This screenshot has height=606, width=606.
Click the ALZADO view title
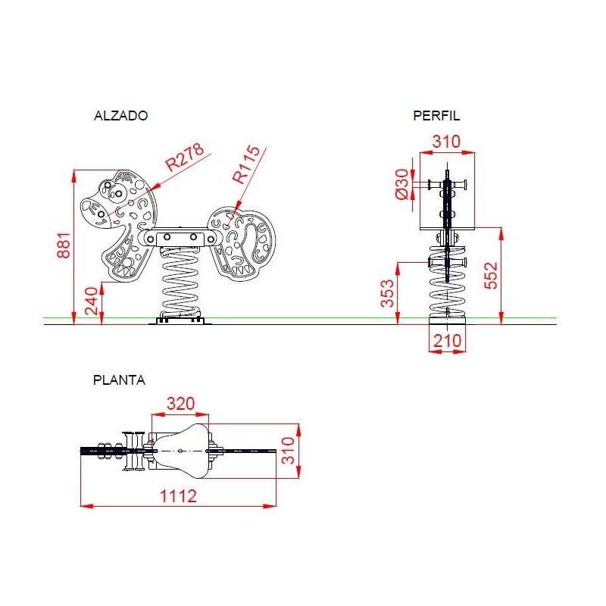pos(120,116)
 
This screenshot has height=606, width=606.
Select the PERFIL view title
pos(436,116)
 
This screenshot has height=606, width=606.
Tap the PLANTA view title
pos(119,380)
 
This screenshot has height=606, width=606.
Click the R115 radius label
pos(247,164)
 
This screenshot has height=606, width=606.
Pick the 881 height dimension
pos(64,245)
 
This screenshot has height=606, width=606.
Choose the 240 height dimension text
pos(92,301)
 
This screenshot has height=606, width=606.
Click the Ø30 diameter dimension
pos(402,183)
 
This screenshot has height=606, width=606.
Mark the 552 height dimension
pos(491,275)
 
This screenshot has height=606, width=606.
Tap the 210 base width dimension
pos(447,341)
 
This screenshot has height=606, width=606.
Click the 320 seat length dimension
pos(180,404)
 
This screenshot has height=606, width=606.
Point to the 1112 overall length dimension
pos(178,496)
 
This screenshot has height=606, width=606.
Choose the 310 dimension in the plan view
pos(288,451)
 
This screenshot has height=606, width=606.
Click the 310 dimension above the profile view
pos(446,142)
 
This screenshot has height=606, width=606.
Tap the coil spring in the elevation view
pos(180,282)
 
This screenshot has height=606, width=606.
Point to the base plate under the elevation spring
pos(180,320)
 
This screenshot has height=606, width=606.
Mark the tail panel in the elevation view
pos(242,243)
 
